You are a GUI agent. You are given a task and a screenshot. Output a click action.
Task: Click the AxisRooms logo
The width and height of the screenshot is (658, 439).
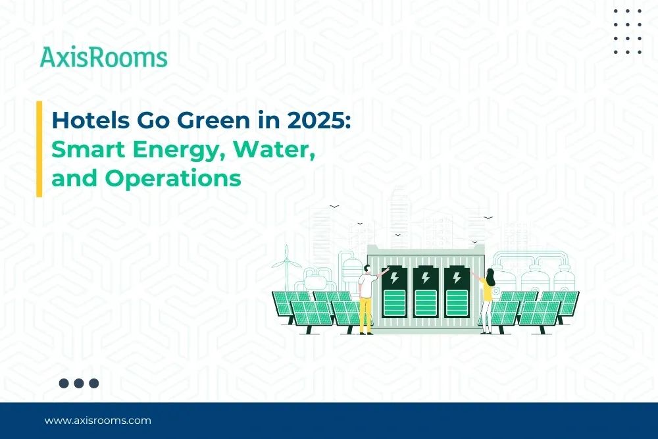click(x=103, y=57)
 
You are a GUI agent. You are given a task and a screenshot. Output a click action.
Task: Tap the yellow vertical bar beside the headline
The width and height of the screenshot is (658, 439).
click(x=39, y=149)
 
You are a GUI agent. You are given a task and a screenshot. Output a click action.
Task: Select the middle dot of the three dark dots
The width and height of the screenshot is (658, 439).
click(x=79, y=383)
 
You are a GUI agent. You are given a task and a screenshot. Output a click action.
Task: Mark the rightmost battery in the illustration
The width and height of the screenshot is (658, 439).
click(x=455, y=293)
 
